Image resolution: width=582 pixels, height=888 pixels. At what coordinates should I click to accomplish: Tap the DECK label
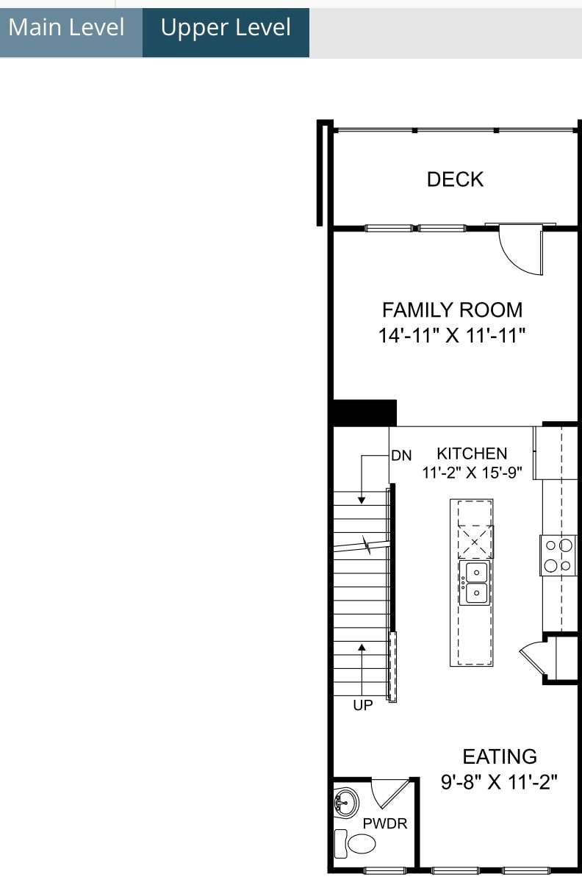pyautogui.click(x=455, y=179)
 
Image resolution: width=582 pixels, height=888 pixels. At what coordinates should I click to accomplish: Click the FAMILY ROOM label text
pyautogui.click(x=452, y=310)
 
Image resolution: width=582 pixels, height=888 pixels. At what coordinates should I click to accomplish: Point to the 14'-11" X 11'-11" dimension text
pyautogui.click(x=452, y=336)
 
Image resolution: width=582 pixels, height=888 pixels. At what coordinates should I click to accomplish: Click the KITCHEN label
pyautogui.click(x=472, y=454)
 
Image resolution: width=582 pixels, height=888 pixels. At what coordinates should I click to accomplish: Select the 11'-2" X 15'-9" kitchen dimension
pyautogui.click(x=472, y=473)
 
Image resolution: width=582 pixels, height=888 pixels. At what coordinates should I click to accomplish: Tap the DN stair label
pyautogui.click(x=401, y=456)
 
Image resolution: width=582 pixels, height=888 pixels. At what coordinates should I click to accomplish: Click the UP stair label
pyautogui.click(x=363, y=705)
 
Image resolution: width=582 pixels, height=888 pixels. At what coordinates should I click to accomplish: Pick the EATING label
pyautogui.click(x=500, y=756)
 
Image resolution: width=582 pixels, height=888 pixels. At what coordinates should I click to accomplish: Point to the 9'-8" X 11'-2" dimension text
pyautogui.click(x=500, y=781)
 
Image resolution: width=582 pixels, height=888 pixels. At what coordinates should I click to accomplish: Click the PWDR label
pyautogui.click(x=384, y=824)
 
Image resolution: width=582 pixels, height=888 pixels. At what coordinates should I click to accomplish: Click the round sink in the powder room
pyautogui.click(x=345, y=801)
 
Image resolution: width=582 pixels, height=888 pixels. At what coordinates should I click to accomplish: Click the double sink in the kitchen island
pyautogui.click(x=475, y=582)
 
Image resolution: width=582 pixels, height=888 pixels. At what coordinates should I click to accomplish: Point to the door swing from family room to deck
pyautogui.click(x=520, y=250)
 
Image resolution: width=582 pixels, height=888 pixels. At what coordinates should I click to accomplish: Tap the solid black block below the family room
pyautogui.click(x=364, y=413)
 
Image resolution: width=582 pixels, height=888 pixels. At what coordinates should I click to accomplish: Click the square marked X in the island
pyautogui.click(x=475, y=543)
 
